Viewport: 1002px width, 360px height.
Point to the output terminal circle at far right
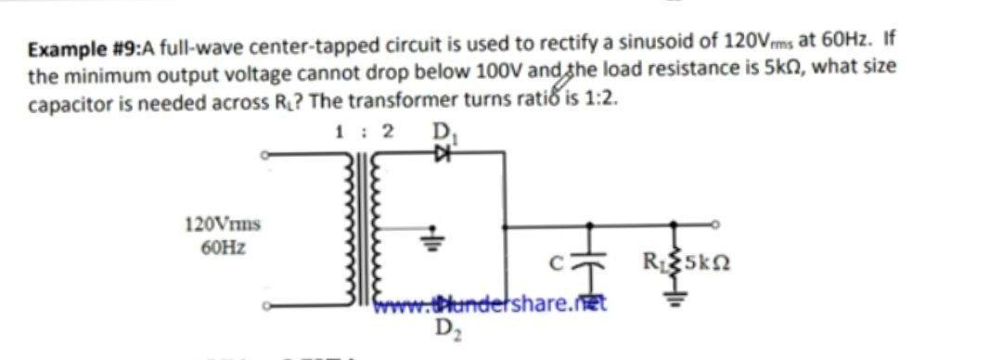click(715, 225)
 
